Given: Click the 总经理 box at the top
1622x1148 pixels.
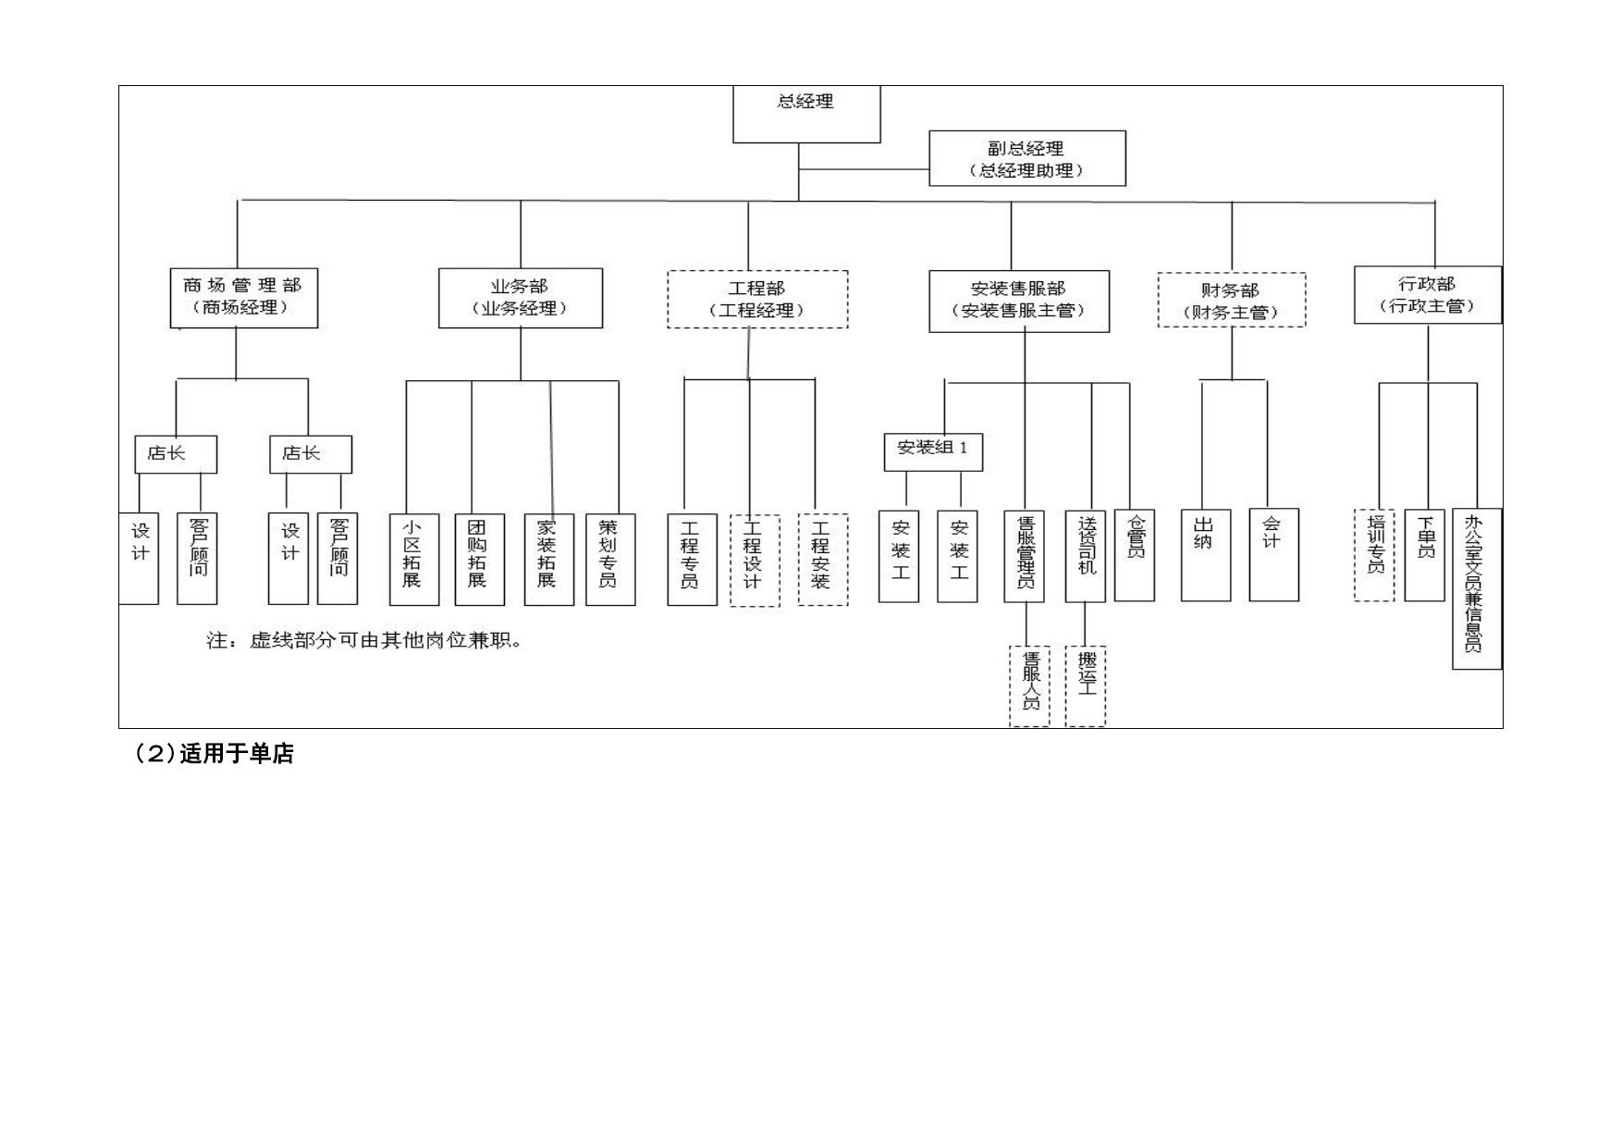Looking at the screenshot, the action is click(x=806, y=114).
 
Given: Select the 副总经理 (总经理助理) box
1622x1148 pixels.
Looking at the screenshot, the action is click(x=1027, y=158).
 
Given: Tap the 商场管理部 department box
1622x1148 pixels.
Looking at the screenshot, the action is click(x=244, y=298).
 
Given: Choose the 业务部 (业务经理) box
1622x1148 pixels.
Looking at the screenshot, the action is click(x=521, y=298).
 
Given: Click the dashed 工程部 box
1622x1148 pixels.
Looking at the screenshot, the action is click(x=757, y=299).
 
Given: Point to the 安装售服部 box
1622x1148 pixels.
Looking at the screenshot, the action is click(x=1019, y=302).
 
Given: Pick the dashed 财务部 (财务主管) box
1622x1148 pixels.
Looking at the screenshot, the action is click(x=1232, y=300).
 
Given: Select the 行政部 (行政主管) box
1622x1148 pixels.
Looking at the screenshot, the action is click(x=1428, y=295).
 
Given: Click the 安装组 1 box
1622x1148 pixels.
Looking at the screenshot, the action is click(x=933, y=451).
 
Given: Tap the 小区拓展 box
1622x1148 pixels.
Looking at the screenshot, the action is click(x=414, y=560).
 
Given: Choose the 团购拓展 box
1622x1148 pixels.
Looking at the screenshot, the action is click(x=480, y=560).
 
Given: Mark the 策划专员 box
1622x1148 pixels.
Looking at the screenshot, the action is click(x=610, y=560).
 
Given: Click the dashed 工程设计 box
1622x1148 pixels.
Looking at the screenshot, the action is click(x=755, y=561).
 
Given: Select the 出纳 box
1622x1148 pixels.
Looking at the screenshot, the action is click(x=1206, y=555).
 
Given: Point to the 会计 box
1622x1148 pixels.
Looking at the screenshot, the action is click(x=1274, y=555).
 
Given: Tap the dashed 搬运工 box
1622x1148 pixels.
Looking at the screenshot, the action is click(x=1086, y=686).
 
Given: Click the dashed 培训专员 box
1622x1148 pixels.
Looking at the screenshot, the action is click(x=1374, y=555).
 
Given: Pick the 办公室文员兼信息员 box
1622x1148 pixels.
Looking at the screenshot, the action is click(x=1477, y=588).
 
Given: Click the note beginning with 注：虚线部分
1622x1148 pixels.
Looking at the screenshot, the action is click(x=364, y=640).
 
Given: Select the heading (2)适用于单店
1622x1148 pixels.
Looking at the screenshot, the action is click(x=215, y=754).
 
